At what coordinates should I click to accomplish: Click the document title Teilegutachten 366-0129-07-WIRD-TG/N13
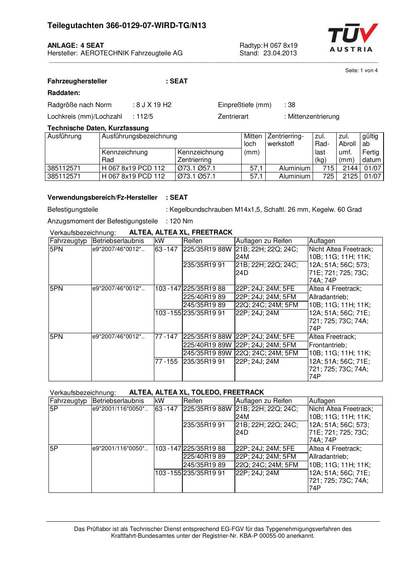tap(127, 26)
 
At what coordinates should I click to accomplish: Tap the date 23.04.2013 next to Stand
tap(280, 53)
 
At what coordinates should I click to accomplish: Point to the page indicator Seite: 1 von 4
tap(361, 71)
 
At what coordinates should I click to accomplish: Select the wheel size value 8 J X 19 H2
tap(154, 105)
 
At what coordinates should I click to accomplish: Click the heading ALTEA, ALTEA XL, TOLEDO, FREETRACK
tap(196, 392)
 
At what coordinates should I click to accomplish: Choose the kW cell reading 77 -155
tap(166, 362)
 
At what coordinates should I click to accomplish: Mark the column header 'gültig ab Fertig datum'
tap(371, 148)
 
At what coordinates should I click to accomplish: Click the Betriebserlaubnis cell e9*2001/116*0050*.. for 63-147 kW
tap(120, 409)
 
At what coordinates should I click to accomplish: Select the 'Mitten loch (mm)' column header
tap(253, 144)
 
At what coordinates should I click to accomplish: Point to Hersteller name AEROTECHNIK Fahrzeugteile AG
tap(131, 53)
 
